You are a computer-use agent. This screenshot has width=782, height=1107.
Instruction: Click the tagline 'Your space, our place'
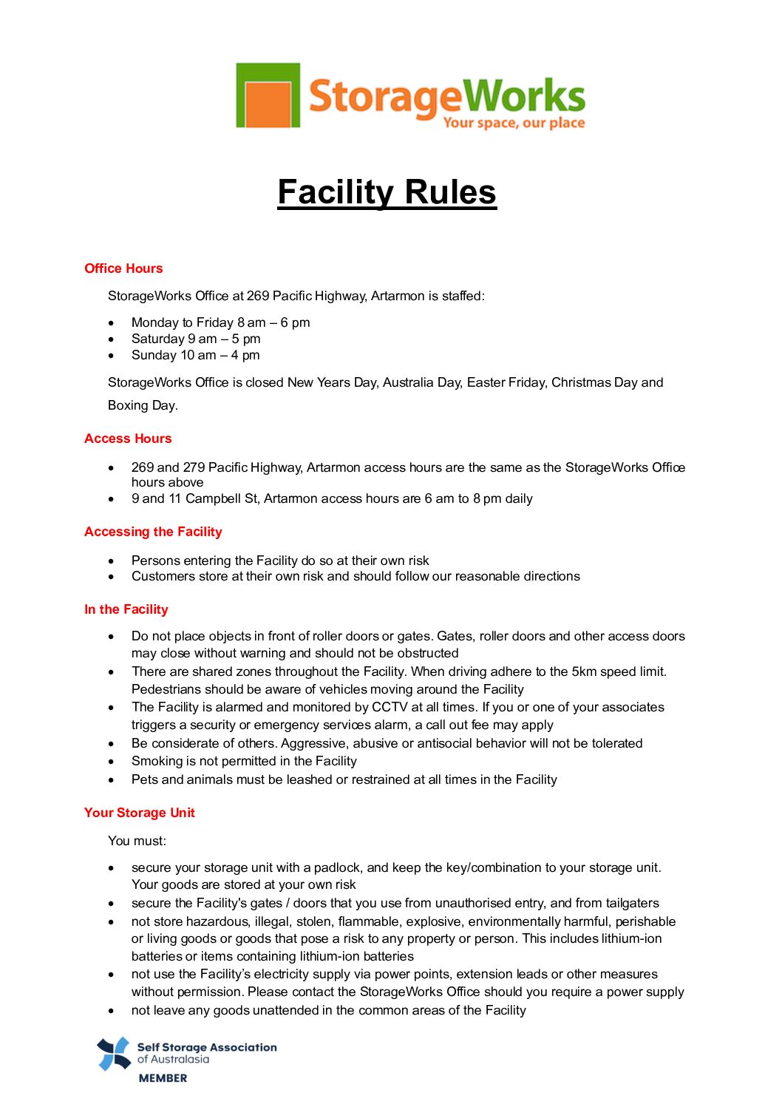[x=514, y=123]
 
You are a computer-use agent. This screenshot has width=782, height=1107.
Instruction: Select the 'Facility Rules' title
[x=387, y=192]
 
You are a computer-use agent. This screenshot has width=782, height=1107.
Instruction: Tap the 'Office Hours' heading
[x=123, y=268]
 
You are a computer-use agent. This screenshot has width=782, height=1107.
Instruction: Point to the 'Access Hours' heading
[x=128, y=439]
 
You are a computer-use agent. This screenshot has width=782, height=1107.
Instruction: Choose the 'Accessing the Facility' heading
[x=153, y=532]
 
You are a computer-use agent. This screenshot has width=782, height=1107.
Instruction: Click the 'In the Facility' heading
[x=126, y=609]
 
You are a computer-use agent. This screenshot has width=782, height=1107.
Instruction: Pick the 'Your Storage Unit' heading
[x=140, y=813]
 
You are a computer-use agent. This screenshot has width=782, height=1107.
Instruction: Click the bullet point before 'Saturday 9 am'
[x=112, y=339]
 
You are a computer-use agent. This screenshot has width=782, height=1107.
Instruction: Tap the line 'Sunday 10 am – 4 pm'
[x=195, y=355]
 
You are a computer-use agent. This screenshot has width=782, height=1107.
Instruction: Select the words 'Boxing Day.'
[x=143, y=405]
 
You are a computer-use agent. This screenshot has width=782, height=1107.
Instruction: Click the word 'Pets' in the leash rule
[x=145, y=779]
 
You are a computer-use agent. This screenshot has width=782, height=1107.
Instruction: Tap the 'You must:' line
[x=137, y=841]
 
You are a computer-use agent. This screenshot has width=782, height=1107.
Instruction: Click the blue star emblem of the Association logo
[x=115, y=1054]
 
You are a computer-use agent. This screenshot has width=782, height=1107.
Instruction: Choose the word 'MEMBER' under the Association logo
[x=163, y=1078]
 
